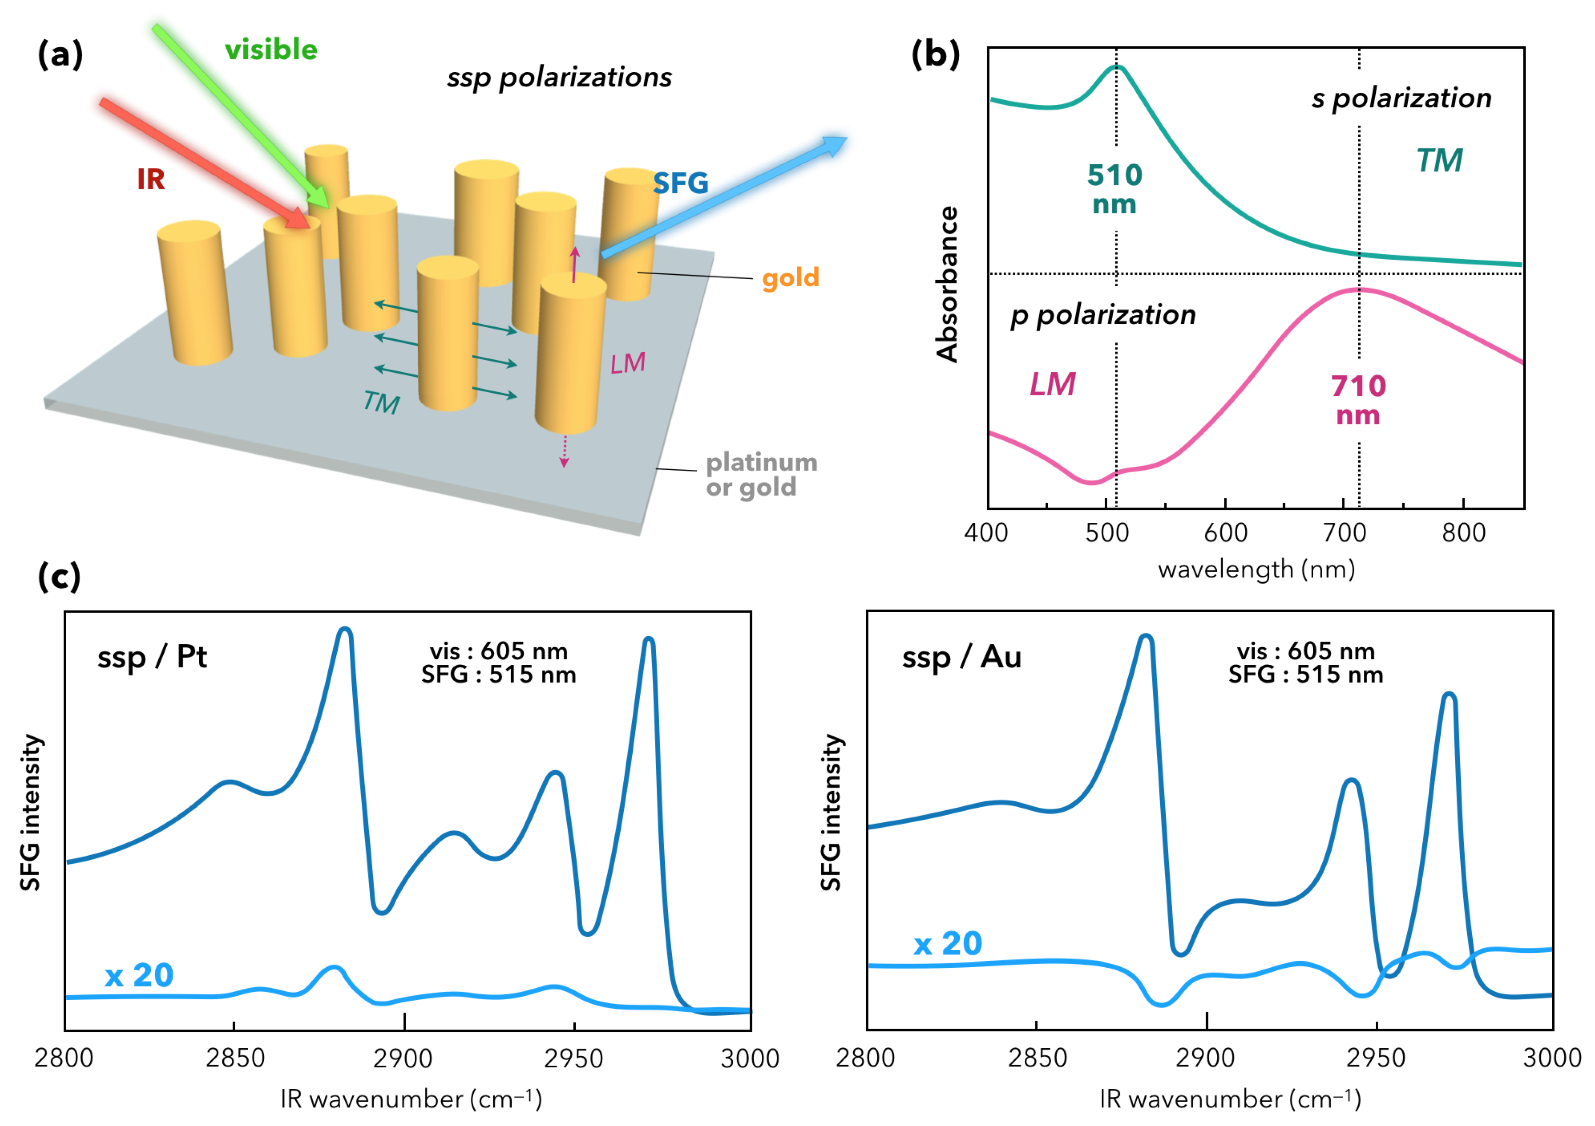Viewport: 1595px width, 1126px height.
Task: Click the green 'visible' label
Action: [x=271, y=50]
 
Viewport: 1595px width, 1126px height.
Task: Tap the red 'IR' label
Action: [x=151, y=179]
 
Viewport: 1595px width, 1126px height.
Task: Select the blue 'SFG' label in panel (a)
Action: [x=680, y=184]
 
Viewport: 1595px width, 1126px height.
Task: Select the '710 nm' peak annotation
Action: [x=1358, y=400]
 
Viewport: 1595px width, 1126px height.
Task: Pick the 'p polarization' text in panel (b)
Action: [x=1103, y=315]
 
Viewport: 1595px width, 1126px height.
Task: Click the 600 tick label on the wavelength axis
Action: [x=1225, y=533]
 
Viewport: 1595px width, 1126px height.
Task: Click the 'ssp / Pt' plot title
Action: [x=152, y=657]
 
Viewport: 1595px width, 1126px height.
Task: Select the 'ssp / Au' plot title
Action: [x=961, y=657]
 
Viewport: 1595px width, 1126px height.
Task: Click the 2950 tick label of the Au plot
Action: [x=1376, y=1058]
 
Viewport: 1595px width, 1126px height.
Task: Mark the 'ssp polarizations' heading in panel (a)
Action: [x=559, y=77]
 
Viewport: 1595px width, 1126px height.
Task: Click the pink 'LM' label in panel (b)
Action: [x=1053, y=384]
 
